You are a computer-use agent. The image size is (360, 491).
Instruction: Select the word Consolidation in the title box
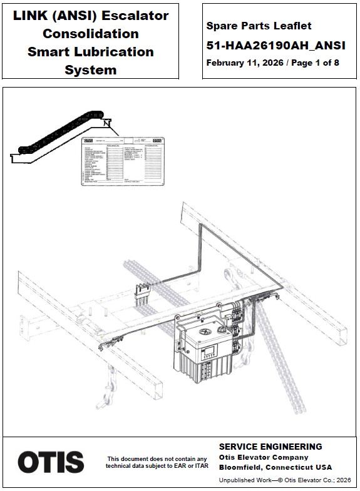tap(91, 33)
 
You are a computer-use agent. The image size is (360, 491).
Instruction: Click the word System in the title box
tap(91, 69)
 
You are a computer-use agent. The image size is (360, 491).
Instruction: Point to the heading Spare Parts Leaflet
tap(259, 26)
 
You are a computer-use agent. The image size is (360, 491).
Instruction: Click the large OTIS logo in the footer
tap(51, 462)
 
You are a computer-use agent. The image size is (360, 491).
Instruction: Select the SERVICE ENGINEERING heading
tap(270, 447)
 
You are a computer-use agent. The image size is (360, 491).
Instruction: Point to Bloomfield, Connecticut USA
tap(275, 467)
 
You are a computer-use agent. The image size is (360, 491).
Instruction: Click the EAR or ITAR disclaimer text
tap(157, 462)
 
